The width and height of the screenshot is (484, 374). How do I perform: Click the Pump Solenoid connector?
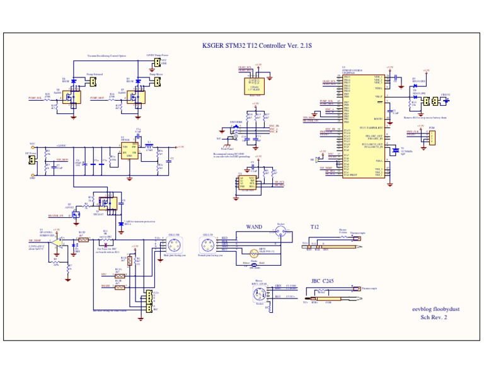click(x=92, y=81)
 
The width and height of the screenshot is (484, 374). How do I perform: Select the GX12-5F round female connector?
click(x=208, y=243)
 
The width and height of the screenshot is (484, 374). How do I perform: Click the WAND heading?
click(x=254, y=227)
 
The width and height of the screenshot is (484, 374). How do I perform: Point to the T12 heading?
click(x=315, y=226)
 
